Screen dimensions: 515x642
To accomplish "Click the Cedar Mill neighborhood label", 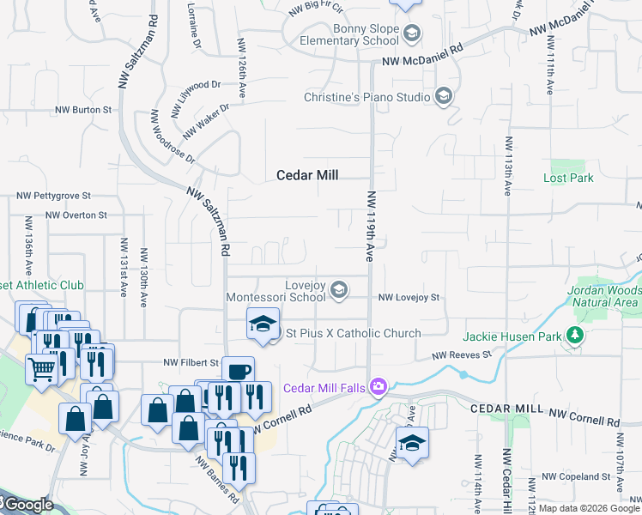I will tap(307, 175).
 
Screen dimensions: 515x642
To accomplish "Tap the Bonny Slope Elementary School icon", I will tap(413, 33).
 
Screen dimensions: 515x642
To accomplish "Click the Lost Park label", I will tap(568, 179).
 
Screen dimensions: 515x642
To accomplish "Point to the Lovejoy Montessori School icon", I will tap(339, 290).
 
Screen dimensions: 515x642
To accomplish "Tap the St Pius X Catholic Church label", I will tap(353, 333).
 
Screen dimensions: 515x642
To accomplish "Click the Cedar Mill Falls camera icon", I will tap(377, 388).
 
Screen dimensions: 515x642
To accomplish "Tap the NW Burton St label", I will tap(83, 110).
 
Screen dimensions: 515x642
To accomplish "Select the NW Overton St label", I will tap(76, 215).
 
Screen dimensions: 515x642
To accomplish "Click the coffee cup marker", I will tap(238, 372).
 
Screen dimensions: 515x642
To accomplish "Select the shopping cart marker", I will tap(42, 370).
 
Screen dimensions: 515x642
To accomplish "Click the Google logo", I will tap(27, 504).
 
